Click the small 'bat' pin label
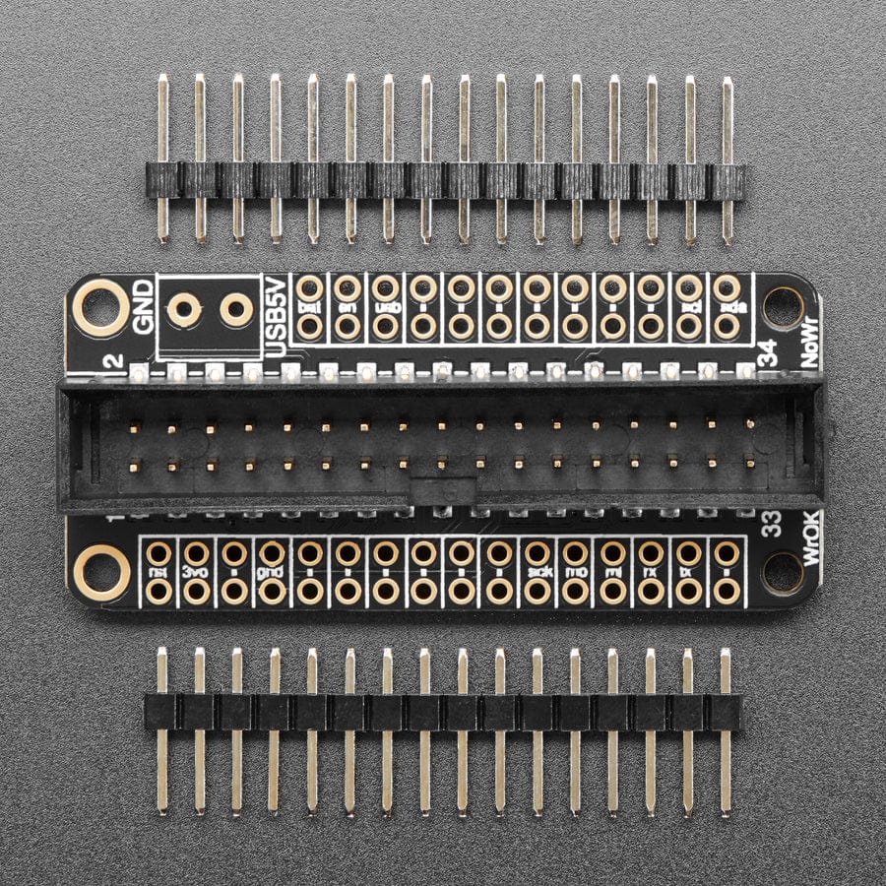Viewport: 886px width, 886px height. click(310, 307)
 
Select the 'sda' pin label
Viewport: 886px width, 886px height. click(727, 307)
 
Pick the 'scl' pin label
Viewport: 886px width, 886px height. click(689, 307)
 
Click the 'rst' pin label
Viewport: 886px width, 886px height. click(158, 572)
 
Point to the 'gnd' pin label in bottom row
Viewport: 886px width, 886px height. click(272, 572)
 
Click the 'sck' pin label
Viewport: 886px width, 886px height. click(537, 572)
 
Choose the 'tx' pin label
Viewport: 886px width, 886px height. click(688, 572)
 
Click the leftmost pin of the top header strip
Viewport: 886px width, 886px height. click(162, 158)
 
